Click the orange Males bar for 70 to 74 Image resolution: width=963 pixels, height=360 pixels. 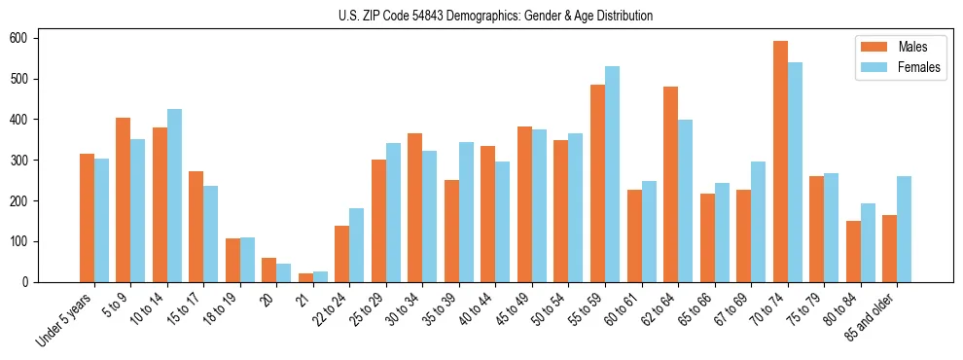click(780, 162)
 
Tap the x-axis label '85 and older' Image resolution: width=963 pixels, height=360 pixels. click(871, 316)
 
